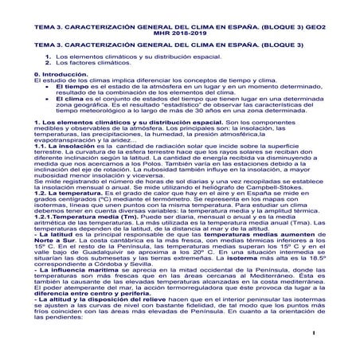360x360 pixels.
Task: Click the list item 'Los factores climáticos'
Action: pyautogui.click(x=90, y=61)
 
